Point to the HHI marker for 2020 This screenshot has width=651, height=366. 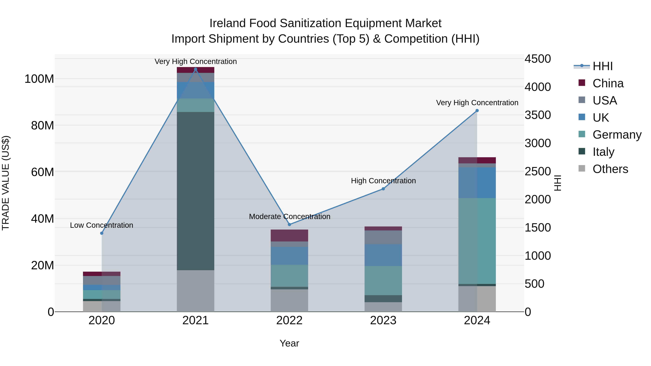point(102,233)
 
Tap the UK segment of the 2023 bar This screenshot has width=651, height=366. point(383,255)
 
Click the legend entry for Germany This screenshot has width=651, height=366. point(617,135)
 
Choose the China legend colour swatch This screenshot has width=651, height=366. point(582,83)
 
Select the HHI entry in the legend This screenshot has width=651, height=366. point(603,66)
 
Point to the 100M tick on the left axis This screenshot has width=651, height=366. point(39,79)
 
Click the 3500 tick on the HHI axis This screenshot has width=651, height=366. point(538,115)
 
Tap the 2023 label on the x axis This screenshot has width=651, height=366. point(383,320)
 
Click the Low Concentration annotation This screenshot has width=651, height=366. point(102,225)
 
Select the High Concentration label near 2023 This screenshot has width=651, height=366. point(383,181)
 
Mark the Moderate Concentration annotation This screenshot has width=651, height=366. point(290,217)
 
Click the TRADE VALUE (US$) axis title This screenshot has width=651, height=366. point(6,183)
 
